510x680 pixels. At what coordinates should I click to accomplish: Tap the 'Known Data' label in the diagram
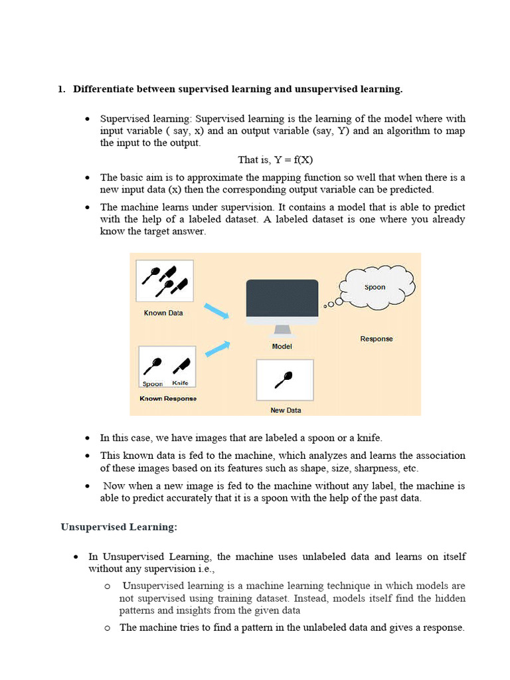163,313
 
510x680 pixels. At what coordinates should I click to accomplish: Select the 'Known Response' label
167,398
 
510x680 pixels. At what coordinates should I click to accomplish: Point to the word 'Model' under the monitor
282,347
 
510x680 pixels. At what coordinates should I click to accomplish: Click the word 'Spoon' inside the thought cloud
375,288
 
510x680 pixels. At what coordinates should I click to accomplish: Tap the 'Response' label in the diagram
377,339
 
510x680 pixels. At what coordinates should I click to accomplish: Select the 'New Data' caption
286,410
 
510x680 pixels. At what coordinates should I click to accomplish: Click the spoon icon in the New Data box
284,380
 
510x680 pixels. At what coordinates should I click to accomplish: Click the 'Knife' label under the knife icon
180,383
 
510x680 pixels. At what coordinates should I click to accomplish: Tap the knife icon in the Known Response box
181,365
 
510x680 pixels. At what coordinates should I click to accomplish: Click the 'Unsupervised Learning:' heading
119,527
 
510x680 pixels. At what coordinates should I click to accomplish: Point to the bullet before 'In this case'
88,438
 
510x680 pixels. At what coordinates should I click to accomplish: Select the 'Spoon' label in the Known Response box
153,384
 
